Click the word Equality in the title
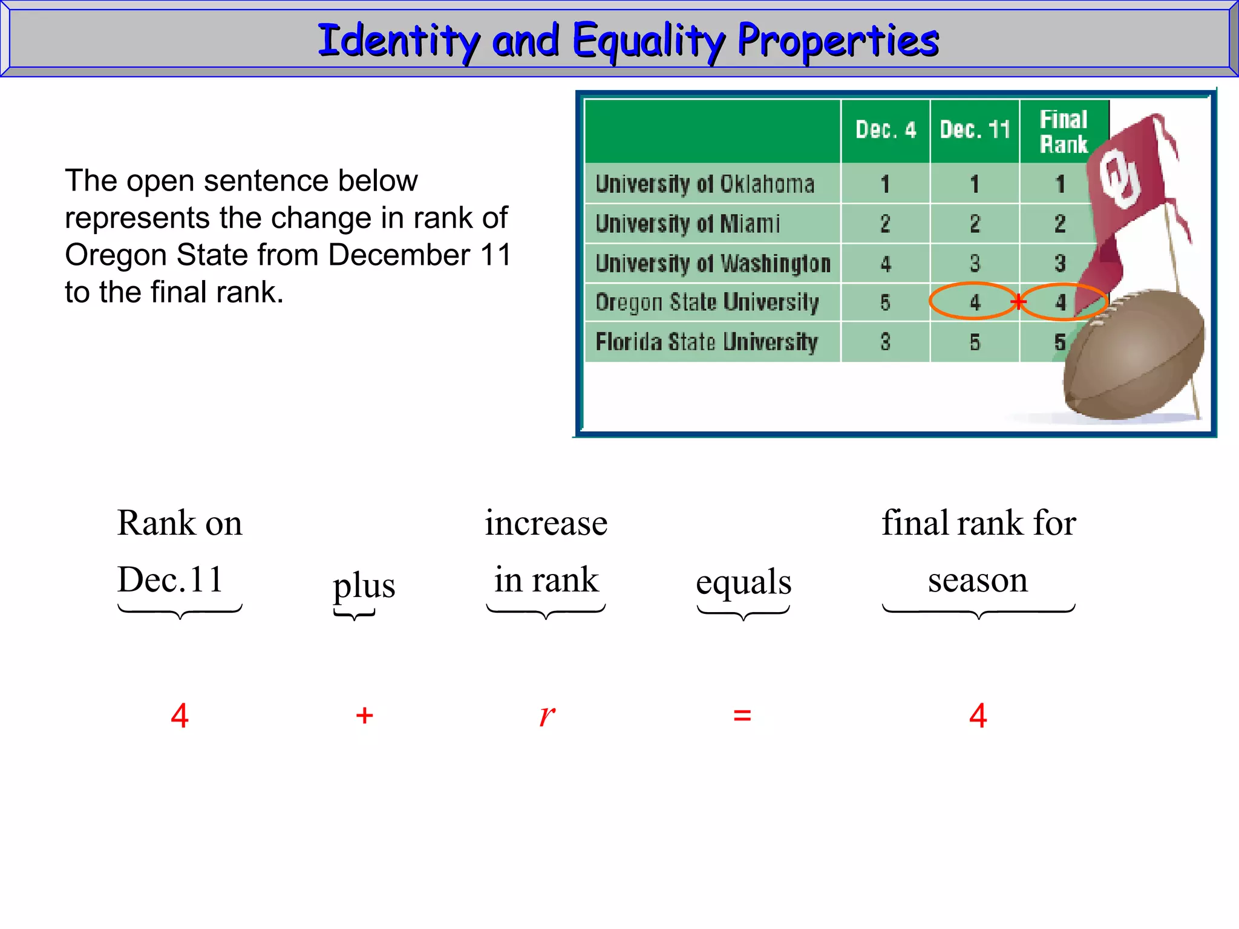pyautogui.click(x=647, y=41)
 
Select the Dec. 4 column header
pyautogui.click(x=885, y=130)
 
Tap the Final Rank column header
pyautogui.click(x=1064, y=132)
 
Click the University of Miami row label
pyautogui.click(x=688, y=224)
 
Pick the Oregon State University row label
pyautogui.click(x=707, y=302)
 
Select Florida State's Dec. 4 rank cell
pyautogui.click(x=885, y=342)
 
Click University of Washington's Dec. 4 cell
pyautogui.click(x=885, y=264)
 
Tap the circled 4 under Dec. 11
pyautogui.click(x=975, y=302)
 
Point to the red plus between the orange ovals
pyautogui.click(x=1019, y=301)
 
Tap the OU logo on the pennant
pyautogui.click(x=1119, y=179)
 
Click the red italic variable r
pyautogui.click(x=547, y=715)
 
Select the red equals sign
pyautogui.click(x=742, y=716)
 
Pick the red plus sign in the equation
pyautogui.click(x=364, y=716)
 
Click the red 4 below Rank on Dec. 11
pyautogui.click(x=180, y=716)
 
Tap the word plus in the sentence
pyautogui.click(x=364, y=585)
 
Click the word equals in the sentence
pyautogui.click(x=744, y=582)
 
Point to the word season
pyautogui.click(x=978, y=580)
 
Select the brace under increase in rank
pyautogui.click(x=546, y=612)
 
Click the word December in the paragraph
pyautogui.click(x=399, y=255)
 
